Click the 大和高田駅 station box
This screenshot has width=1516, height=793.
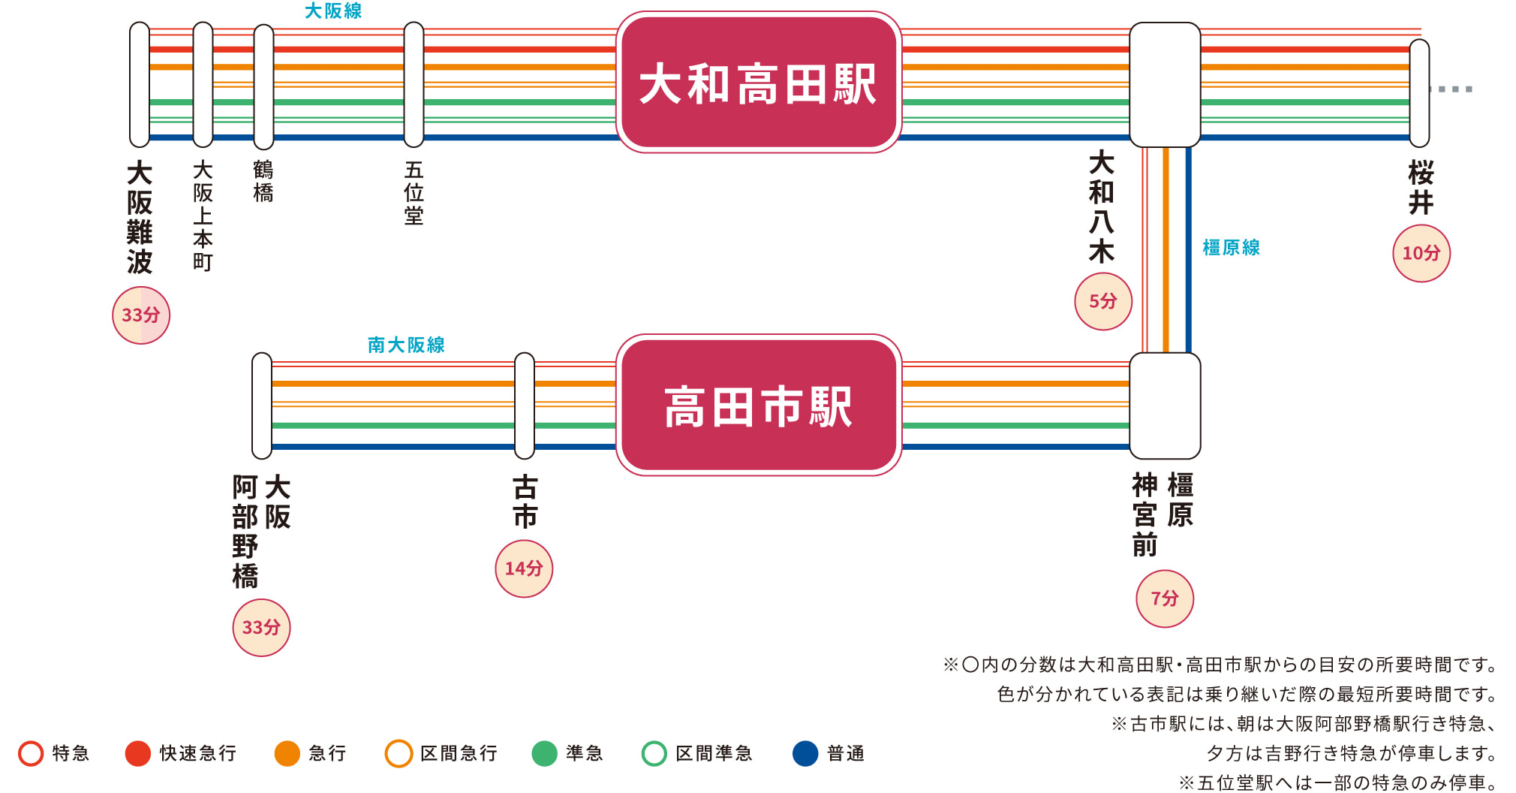pyautogui.click(x=758, y=83)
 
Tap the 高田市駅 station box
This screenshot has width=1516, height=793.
pyautogui.click(x=758, y=406)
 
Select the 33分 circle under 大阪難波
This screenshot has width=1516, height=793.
pyautogui.click(x=141, y=315)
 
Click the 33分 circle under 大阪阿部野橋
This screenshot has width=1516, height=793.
pyautogui.click(x=261, y=628)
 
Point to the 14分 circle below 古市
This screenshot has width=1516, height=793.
pyautogui.click(x=524, y=568)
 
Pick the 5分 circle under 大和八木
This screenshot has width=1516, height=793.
pyautogui.click(x=1103, y=301)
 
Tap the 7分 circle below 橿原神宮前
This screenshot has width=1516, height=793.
pyautogui.click(x=1165, y=599)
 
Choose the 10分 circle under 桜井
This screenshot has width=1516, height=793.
pyautogui.click(x=1421, y=253)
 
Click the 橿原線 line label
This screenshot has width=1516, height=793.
pyautogui.click(x=1231, y=247)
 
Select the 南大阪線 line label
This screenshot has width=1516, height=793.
pyautogui.click(x=406, y=345)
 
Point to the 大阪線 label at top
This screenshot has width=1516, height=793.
pyautogui.click(x=333, y=11)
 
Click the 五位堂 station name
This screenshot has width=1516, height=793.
pyautogui.click(x=414, y=193)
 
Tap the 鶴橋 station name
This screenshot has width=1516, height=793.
pyautogui.click(x=263, y=181)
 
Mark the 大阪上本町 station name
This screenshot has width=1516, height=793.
pyautogui.click(x=203, y=216)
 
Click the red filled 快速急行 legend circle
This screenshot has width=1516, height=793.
pyautogui.click(x=138, y=753)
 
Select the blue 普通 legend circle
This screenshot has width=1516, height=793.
pyautogui.click(x=805, y=753)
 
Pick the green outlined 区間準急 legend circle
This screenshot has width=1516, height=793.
pyautogui.click(x=654, y=753)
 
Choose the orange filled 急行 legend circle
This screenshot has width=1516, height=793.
pyautogui.click(x=287, y=753)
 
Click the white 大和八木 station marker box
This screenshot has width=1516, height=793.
pyautogui.click(x=1165, y=84)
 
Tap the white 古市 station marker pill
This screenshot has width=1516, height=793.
pyautogui.click(x=525, y=406)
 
